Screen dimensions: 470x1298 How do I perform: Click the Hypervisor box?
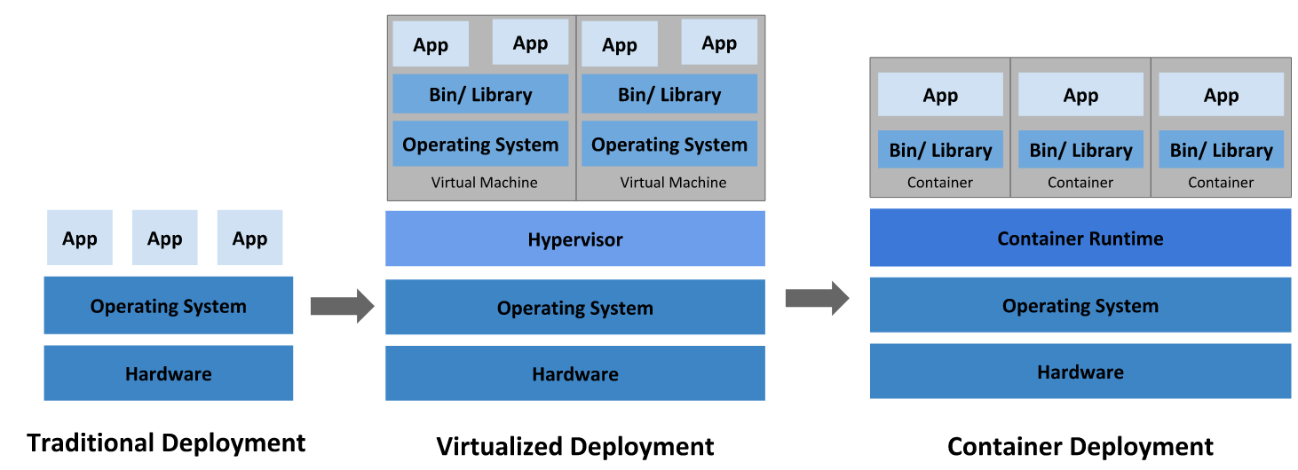click(x=574, y=239)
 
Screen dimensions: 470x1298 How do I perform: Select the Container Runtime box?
click(x=1080, y=238)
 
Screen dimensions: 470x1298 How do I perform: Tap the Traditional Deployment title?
click(x=166, y=443)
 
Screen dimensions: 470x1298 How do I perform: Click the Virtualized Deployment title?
click(x=574, y=446)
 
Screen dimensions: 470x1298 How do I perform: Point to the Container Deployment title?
click(x=1080, y=446)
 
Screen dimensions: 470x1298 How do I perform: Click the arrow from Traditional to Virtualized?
click(x=342, y=306)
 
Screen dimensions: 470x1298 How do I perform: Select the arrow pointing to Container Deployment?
click(x=817, y=298)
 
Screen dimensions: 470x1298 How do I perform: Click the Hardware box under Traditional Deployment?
click(x=168, y=373)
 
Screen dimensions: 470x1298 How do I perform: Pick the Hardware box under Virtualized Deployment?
click(x=574, y=373)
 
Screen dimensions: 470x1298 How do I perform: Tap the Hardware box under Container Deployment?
click(x=1080, y=372)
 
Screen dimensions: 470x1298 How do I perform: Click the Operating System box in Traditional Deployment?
click(x=168, y=306)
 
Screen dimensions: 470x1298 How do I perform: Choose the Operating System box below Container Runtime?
click(x=1080, y=305)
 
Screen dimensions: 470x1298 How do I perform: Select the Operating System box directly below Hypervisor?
click(x=574, y=308)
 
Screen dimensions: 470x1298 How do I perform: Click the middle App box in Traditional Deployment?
click(x=164, y=238)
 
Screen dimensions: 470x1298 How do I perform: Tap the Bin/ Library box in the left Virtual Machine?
click(x=480, y=94)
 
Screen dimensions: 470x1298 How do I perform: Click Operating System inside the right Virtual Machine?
click(x=669, y=144)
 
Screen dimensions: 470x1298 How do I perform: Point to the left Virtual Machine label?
click(x=484, y=183)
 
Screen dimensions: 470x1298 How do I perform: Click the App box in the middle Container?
click(x=1080, y=95)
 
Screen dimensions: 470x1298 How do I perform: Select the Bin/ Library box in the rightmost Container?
click(x=1221, y=150)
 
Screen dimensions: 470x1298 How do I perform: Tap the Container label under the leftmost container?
click(x=940, y=183)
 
